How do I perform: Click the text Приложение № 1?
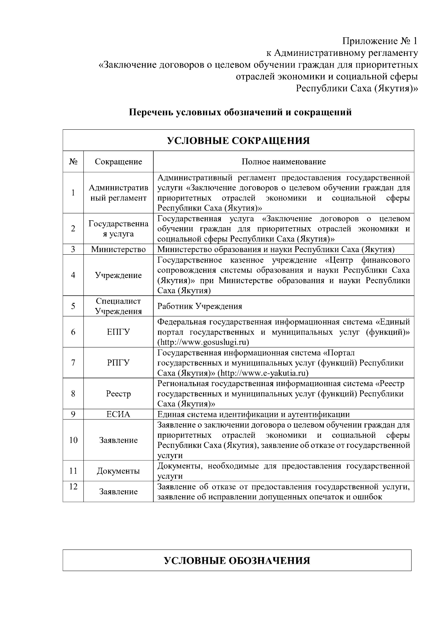[380, 41]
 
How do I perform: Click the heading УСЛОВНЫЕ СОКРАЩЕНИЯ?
[238, 141]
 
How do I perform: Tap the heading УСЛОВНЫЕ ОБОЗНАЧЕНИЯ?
[237, 560]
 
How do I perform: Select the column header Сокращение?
[118, 161]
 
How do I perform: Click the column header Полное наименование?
[284, 161]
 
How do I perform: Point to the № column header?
[73, 161]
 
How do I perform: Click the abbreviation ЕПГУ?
[118, 332]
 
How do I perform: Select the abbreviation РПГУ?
[118, 363]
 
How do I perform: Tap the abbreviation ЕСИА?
[118, 414]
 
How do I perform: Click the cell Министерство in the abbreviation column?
[118, 250]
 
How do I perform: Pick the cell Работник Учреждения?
[199, 306]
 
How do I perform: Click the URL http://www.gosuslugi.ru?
[203, 342]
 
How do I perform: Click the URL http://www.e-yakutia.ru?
[263, 373]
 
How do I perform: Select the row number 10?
[73, 440]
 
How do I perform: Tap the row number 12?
[73, 487]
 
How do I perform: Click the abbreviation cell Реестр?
[118, 394]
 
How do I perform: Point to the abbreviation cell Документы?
[118, 471]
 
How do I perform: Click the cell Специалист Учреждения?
[118, 306]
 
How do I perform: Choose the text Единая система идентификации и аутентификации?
[253, 414]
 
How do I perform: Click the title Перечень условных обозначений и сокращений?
[240, 112]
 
